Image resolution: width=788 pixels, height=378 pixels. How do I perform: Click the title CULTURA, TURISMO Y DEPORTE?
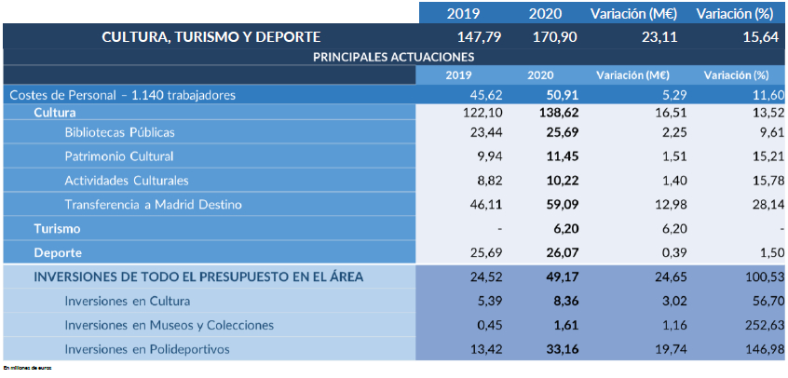[211, 37]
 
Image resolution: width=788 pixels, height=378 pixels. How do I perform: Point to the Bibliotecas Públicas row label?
[119, 133]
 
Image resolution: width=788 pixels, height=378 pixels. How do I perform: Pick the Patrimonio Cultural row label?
[119, 156]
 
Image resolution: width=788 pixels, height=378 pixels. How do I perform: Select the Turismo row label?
[57, 228]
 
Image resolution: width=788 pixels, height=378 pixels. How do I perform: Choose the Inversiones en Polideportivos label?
[146, 349]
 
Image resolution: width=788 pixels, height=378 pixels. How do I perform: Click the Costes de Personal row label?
[122, 95]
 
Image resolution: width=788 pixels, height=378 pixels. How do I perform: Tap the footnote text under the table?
[28, 370]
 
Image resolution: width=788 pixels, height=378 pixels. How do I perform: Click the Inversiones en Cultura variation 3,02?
[656, 301]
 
